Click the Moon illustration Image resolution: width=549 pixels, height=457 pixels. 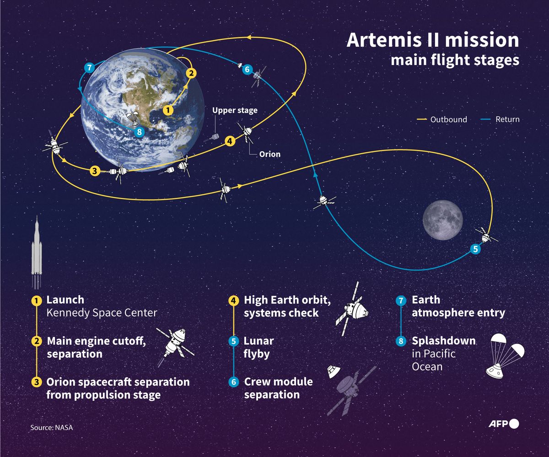443,219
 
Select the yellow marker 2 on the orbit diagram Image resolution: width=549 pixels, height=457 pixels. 191,73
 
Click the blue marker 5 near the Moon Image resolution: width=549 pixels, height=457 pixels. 475,249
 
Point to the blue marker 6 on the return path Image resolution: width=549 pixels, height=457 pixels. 247,70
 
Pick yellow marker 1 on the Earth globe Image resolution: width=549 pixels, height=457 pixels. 168,110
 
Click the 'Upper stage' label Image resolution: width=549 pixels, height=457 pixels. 235,110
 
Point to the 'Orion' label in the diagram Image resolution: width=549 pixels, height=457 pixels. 269,154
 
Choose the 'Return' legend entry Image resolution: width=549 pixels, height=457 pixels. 507,119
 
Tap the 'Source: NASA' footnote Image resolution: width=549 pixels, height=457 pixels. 52,427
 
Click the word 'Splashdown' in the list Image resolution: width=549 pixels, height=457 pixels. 443,341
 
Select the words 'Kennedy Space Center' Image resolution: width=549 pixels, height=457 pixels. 102,313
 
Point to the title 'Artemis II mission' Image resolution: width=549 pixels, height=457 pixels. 433,40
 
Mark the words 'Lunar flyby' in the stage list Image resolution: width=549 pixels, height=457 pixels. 259,347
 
